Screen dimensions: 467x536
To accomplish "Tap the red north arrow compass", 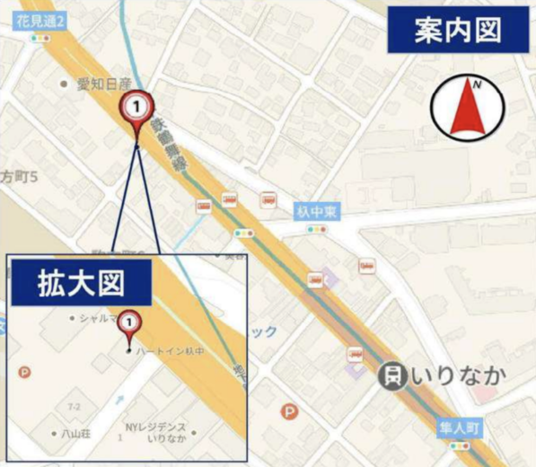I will [466, 106].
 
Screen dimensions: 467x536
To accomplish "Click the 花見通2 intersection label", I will [46, 18].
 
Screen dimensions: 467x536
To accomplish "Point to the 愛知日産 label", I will [102, 84].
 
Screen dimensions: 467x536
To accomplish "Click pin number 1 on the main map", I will [136, 107].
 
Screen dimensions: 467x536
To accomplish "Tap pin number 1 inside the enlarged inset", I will [130, 322].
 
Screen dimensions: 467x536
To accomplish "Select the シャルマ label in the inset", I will [99, 318].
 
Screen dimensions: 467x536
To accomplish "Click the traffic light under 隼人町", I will [461, 445].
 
